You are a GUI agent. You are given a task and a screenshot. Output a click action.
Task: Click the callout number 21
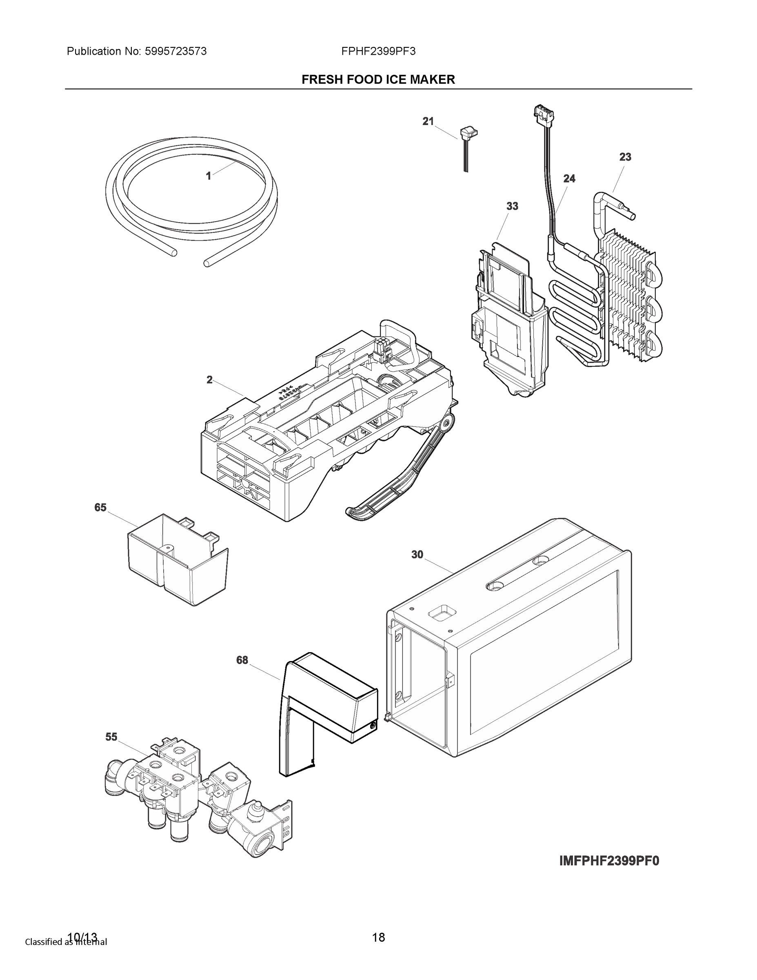pos(428,121)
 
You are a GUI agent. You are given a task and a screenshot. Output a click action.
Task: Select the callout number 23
pos(625,157)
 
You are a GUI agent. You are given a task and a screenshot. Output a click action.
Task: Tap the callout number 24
pos(569,178)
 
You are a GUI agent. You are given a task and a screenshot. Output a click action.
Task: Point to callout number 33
pos(512,206)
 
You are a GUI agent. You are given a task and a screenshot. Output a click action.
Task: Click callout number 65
pos(100,507)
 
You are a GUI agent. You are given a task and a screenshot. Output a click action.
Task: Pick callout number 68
pos(242,660)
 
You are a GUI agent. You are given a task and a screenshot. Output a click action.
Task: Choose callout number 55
pos(111,737)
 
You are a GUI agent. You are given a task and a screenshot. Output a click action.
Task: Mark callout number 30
pos(417,555)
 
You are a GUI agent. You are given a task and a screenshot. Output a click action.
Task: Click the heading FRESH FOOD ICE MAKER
pos(378,80)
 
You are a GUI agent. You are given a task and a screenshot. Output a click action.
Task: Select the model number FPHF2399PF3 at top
pos(378,51)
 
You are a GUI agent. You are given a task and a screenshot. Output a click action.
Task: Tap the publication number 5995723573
pos(175,51)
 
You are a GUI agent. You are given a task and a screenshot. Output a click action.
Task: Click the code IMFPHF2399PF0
pos(609,861)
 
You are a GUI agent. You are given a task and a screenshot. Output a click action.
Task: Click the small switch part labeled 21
pos(468,132)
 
